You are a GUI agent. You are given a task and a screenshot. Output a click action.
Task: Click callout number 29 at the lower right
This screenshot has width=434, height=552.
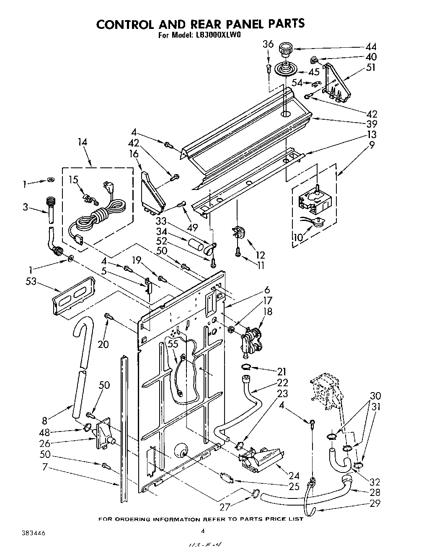tap(375, 503)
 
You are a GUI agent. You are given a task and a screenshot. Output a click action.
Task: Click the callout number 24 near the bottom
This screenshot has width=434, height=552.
tap(294, 475)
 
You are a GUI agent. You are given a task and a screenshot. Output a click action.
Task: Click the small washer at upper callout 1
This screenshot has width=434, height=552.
tap(51, 180)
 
